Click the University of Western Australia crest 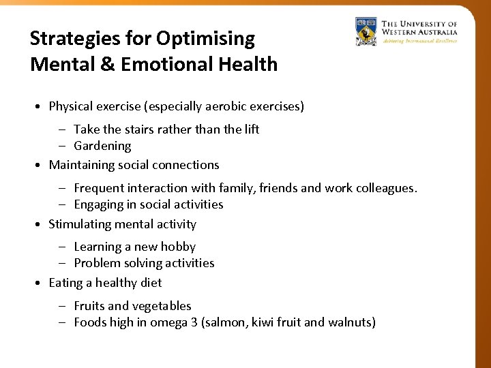(366, 31)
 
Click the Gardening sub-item (102, 146)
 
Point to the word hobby (178, 247)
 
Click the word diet (151, 283)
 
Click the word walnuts (348, 322)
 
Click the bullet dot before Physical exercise (41, 107)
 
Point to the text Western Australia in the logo (419, 31)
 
